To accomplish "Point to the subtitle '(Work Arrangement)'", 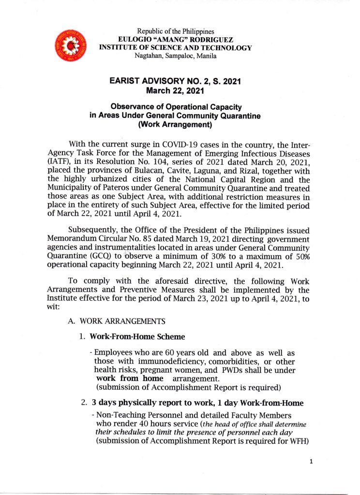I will (175, 123).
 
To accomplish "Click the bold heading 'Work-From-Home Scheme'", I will (131, 336).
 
